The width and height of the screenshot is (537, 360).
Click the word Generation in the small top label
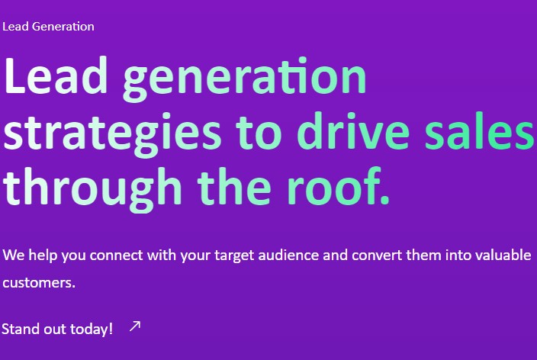63,27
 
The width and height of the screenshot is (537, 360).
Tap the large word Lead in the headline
56,76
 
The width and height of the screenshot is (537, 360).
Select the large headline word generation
245,80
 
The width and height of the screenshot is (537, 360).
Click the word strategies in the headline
112,134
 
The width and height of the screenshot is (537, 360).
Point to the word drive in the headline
353,130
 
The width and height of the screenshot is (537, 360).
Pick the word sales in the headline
479,130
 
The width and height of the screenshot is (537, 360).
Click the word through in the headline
92,189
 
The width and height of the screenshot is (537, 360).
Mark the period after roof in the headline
385,200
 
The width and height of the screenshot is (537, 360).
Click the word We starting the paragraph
14,256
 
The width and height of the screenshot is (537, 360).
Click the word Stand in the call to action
21,329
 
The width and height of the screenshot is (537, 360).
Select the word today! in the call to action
91,329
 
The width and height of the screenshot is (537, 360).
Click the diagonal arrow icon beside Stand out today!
135,326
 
